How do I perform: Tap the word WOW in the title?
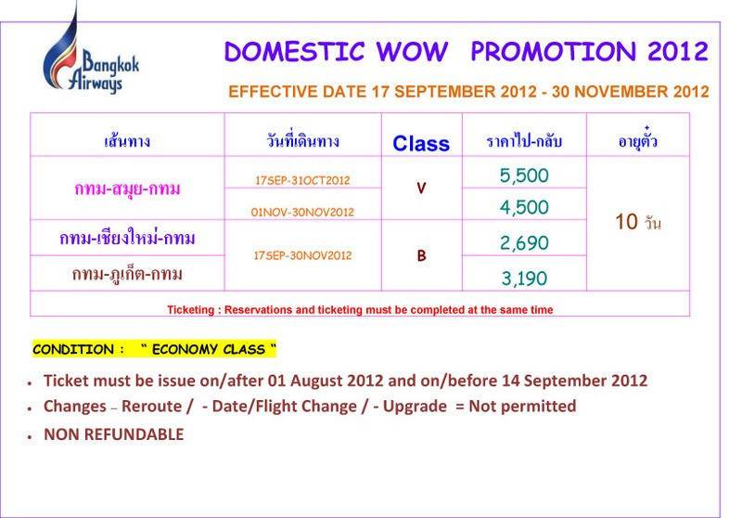coord(412,52)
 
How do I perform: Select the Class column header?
coord(421,144)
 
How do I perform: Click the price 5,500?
coord(524,175)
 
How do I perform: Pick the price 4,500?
coord(524,207)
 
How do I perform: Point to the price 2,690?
coord(524,243)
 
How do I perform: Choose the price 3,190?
coord(524,278)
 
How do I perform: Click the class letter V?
coord(421,188)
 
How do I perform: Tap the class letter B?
coord(421,255)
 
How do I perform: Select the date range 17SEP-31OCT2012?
coord(302,180)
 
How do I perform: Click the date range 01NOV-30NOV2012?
coord(302,213)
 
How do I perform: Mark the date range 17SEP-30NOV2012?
coord(302,255)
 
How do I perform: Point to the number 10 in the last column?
coord(627,222)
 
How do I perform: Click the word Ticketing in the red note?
coord(191,310)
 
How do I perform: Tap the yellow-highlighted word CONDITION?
coord(73,349)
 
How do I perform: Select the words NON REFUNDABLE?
coord(113,434)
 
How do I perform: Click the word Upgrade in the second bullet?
coord(415,407)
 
